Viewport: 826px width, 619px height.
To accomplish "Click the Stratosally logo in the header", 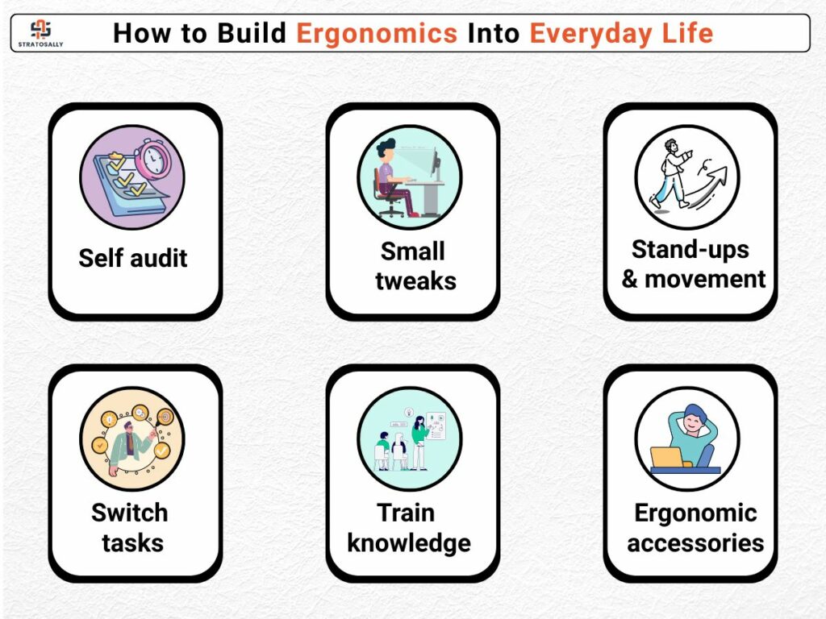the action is pos(40,33).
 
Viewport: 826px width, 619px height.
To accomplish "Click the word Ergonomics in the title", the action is pos(377,34).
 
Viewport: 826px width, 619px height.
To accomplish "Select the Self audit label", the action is pos(133,258).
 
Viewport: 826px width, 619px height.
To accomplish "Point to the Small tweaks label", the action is pos(415,266).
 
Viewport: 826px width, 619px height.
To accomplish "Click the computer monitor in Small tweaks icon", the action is pos(435,163).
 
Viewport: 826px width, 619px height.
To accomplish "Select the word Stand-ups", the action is pos(690,250).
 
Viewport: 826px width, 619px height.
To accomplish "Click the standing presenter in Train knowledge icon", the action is pos(419,442).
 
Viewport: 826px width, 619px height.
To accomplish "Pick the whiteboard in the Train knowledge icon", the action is pos(436,426).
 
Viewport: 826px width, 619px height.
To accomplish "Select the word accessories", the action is pos(695,543).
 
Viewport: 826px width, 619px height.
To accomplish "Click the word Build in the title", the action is pos(252,33).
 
